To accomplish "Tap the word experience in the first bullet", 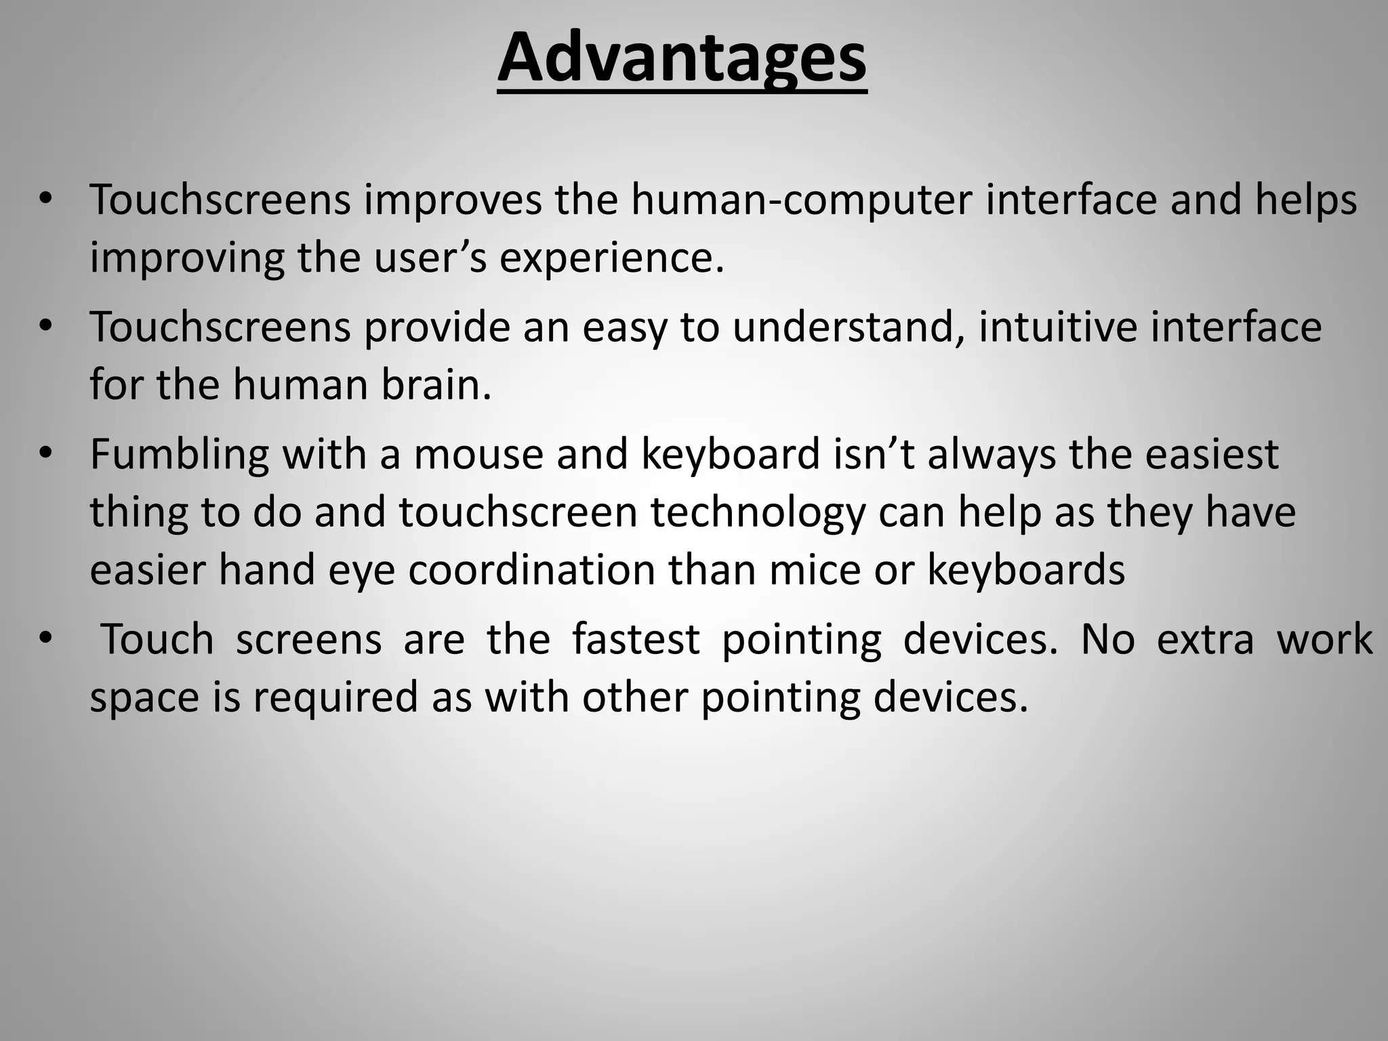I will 611,258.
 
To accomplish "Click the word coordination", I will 531,571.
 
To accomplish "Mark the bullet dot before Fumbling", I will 45,453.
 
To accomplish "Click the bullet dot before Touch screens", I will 45,638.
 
